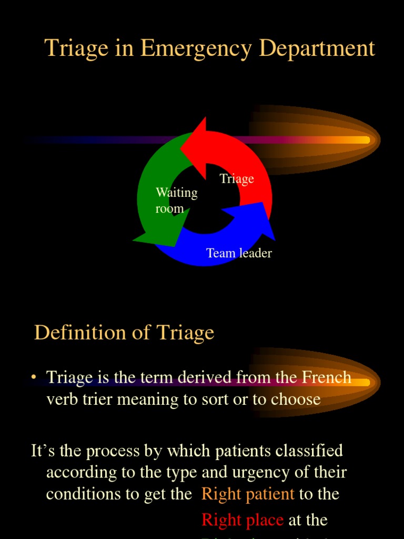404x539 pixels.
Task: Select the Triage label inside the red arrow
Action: coord(237,179)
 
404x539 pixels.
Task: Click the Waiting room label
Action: coord(177,201)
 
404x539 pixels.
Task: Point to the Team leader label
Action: coord(239,253)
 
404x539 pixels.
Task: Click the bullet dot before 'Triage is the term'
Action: coord(34,377)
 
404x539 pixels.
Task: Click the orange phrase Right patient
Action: coord(248,494)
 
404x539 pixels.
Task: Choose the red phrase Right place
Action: coord(243,520)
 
